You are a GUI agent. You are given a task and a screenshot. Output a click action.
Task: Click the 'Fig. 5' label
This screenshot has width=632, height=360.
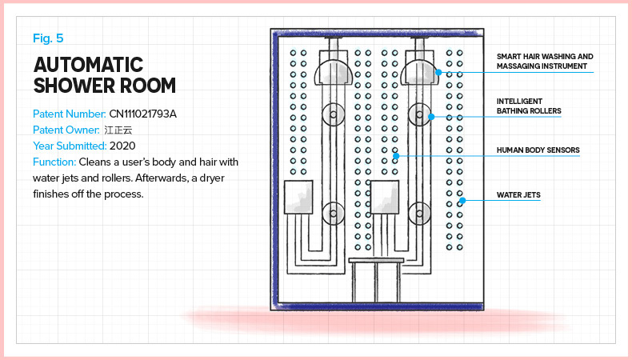(x=49, y=38)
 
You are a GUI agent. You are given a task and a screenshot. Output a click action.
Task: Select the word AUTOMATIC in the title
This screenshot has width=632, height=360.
(x=88, y=64)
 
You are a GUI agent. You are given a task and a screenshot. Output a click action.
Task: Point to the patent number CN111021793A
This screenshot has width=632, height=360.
(x=142, y=114)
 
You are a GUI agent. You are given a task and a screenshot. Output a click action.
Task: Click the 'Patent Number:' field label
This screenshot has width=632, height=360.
(x=70, y=114)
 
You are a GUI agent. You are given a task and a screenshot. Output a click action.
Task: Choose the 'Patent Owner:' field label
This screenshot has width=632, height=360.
(x=66, y=130)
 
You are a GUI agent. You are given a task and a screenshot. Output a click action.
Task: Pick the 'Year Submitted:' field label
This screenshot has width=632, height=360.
(x=70, y=146)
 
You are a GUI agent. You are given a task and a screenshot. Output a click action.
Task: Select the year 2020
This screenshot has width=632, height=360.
(x=123, y=146)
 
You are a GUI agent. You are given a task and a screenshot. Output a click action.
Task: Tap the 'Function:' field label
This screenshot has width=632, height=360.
(x=54, y=162)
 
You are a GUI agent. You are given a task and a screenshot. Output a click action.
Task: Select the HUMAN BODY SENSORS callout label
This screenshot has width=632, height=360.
(x=538, y=150)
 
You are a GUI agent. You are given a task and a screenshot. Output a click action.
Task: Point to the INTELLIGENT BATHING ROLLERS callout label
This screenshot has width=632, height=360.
(x=528, y=106)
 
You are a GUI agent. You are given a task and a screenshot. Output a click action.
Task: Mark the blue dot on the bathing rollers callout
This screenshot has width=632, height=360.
(x=430, y=117)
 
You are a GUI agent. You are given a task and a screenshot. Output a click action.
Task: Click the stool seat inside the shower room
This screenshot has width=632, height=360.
(x=376, y=260)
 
